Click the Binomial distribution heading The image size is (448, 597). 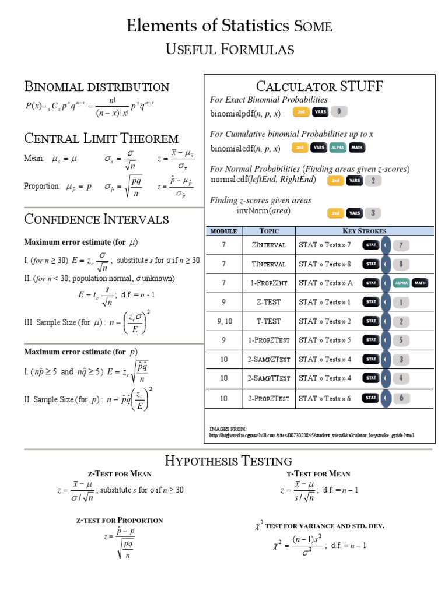point(96,87)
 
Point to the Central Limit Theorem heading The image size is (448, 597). point(101,138)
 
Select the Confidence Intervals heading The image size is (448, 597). point(96,219)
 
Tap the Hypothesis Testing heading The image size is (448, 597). point(228,461)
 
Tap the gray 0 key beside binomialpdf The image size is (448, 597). point(341,111)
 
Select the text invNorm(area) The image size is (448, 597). point(263,211)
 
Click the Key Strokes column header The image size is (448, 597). point(365,231)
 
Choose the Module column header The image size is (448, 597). point(223,231)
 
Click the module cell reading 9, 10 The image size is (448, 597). point(223,321)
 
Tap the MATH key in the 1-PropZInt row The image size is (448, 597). point(419,283)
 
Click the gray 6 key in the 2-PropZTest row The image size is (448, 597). point(401,398)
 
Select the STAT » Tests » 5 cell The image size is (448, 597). point(325,340)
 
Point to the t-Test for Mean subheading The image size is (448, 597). point(318,474)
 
